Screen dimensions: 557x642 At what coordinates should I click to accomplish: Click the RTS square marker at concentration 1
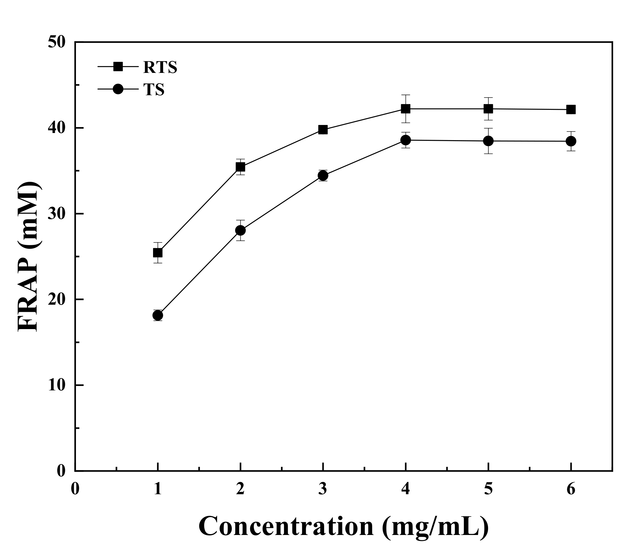[x=158, y=253]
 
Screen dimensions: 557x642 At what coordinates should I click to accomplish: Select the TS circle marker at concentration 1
[x=158, y=315]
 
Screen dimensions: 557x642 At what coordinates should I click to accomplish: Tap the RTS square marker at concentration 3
[x=323, y=130]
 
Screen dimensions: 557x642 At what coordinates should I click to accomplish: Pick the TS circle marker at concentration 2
[x=240, y=230]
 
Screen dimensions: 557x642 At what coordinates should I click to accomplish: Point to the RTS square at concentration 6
[x=571, y=109]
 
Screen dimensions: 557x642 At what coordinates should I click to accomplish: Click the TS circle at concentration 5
[x=488, y=141]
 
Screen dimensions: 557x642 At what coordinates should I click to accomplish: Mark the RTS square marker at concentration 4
[x=406, y=109]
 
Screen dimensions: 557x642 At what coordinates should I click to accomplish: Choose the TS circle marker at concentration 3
[x=323, y=176]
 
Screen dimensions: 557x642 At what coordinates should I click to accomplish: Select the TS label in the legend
[x=154, y=90]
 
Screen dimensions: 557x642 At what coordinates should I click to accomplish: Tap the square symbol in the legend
[x=118, y=67]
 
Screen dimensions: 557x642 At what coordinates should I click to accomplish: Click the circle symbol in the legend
[x=118, y=89]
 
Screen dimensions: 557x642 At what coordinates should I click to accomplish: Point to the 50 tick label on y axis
[x=57, y=42]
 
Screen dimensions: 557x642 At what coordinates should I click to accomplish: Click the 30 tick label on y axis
[x=57, y=214]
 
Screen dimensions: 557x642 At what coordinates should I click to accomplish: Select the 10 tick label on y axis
[x=57, y=385]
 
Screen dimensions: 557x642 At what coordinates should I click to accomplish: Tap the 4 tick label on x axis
[x=406, y=489]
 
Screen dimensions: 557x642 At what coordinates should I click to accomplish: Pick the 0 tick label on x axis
[x=75, y=489]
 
